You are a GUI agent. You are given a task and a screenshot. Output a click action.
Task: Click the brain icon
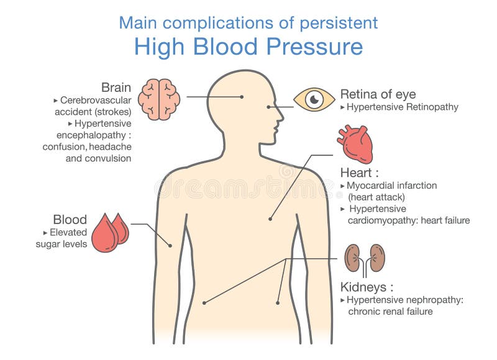tap(160, 98)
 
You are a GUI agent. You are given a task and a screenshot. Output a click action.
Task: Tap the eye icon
tap(314, 99)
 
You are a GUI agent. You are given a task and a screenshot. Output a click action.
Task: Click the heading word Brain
tap(116, 88)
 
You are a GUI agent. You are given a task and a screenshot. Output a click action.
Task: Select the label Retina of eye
tap(378, 94)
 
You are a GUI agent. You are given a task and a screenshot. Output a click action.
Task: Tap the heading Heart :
tap(360, 172)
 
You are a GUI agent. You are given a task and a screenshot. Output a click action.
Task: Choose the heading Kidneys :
tap(367, 287)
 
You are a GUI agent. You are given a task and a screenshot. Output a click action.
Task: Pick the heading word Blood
tap(70, 220)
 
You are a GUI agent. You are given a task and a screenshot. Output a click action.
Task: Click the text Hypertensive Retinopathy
tap(403, 107)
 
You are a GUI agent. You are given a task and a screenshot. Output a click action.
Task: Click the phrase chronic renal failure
tap(390, 312)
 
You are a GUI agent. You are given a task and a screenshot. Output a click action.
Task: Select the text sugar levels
tap(61, 245)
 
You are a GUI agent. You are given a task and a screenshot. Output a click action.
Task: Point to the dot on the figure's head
tap(242, 97)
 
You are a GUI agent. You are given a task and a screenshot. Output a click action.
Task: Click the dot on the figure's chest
tap(270, 218)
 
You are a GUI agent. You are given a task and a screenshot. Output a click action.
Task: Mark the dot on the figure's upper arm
tap(169, 245)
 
